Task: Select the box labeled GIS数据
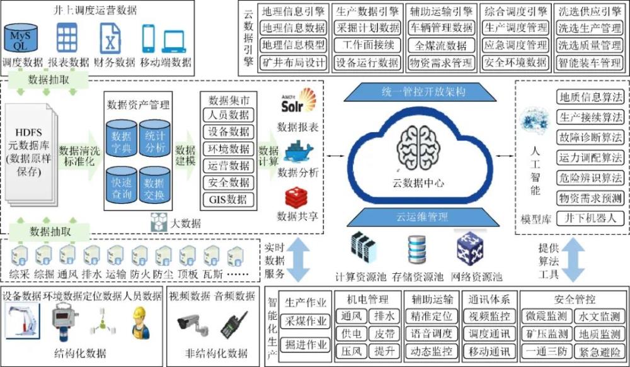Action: tap(228, 200)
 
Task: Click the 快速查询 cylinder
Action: tap(122, 186)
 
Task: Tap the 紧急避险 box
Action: tap(598, 351)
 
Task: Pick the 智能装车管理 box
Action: tap(590, 63)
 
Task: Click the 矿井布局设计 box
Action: tap(294, 63)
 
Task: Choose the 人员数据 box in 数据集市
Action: tap(228, 115)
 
